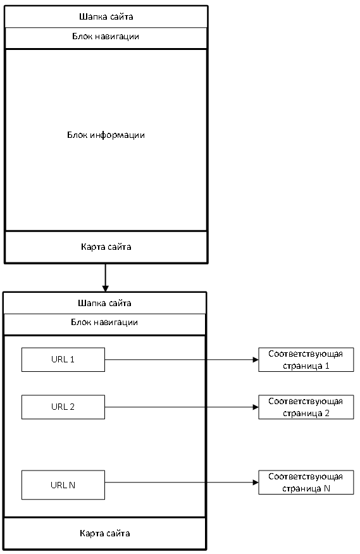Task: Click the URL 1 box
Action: (63, 359)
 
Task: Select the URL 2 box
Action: (63, 407)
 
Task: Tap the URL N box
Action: (63, 484)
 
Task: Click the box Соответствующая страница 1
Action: (306, 360)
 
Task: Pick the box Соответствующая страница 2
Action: (306, 407)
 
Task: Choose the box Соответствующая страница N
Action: (306, 483)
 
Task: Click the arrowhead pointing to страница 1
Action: (256, 360)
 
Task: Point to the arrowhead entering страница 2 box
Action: (256, 407)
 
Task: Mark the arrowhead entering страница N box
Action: (256, 483)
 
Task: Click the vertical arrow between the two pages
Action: (106, 278)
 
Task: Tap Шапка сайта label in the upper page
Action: (106, 16)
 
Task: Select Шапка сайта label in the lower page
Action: (104, 303)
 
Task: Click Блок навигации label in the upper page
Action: (106, 37)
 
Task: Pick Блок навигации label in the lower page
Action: (104, 323)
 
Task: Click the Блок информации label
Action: (106, 135)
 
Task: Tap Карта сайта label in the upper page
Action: (106, 247)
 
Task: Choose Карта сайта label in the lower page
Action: (104, 533)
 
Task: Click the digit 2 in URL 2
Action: (72, 407)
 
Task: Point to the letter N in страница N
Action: (327, 488)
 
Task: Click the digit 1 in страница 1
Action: (327, 366)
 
